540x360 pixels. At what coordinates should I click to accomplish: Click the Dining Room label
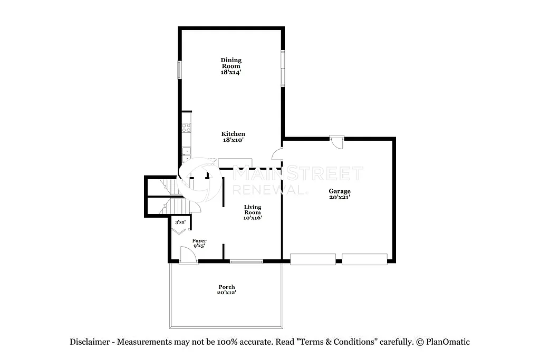(231, 63)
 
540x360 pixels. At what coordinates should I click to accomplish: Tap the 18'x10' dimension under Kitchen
(233, 140)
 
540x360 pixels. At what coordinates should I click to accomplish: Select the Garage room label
(340, 191)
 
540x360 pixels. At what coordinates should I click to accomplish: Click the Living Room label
(253, 210)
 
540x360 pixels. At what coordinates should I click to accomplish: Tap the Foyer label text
(199, 240)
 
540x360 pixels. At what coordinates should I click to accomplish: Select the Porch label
(227, 287)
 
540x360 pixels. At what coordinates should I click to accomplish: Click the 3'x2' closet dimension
(180, 222)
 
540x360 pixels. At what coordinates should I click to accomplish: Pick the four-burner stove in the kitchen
(186, 127)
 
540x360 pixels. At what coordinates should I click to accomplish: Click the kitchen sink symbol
(186, 153)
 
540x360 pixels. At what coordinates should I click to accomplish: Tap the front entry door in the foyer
(188, 256)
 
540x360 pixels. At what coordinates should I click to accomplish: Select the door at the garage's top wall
(337, 142)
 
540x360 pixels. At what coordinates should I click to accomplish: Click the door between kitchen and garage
(277, 153)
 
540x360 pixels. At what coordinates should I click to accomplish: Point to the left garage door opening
(313, 259)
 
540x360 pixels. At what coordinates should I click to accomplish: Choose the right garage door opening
(364, 259)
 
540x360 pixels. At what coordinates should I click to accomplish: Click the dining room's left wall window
(179, 70)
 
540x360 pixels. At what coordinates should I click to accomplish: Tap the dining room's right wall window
(283, 68)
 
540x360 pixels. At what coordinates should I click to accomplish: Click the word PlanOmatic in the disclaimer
(448, 342)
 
